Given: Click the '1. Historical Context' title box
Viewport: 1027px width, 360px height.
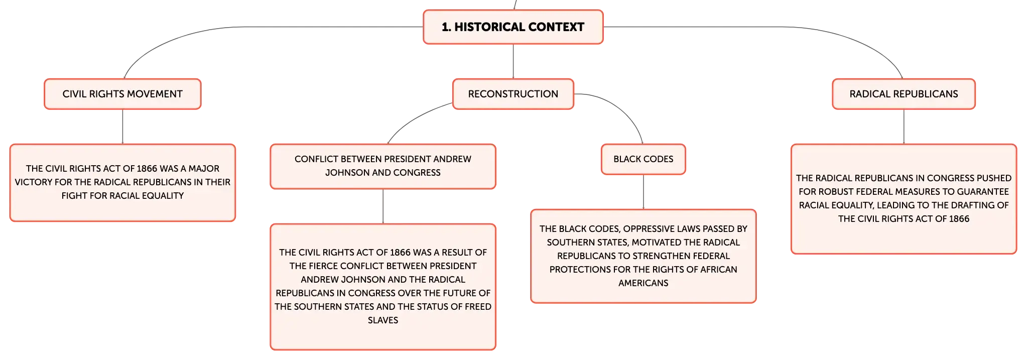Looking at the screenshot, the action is [x=513, y=27].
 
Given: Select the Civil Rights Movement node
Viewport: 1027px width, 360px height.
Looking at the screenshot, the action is [x=122, y=94].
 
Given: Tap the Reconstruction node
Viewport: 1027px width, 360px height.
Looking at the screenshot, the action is [x=513, y=94].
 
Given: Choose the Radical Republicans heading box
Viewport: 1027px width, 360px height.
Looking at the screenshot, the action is [x=904, y=94].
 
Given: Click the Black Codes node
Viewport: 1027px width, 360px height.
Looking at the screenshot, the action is [x=644, y=159].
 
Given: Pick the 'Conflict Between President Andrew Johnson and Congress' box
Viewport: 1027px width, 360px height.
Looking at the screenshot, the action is [x=383, y=166].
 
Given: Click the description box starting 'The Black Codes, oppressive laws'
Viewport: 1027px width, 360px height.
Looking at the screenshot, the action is [x=644, y=256].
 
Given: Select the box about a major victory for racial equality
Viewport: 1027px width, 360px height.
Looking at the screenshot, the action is [x=122, y=183].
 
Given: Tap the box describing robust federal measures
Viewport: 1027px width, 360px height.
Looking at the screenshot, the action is [x=904, y=199].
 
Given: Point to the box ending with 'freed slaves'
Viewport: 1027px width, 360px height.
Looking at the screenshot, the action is [x=383, y=287].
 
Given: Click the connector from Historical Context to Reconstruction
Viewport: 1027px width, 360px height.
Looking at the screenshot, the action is [x=513, y=61].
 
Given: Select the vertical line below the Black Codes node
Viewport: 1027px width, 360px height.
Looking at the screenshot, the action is [x=644, y=192].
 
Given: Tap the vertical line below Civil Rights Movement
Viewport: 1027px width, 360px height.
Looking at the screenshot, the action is [x=122, y=127].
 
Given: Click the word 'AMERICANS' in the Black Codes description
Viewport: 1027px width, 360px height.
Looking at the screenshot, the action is [x=644, y=283].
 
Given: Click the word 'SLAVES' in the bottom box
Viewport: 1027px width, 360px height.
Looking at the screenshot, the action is [x=383, y=320].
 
